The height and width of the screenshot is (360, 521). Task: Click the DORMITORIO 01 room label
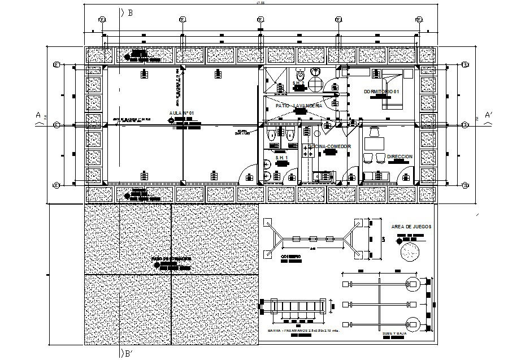point(382,92)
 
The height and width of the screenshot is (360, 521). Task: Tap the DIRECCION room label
point(400,156)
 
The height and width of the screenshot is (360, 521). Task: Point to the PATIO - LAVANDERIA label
point(299,106)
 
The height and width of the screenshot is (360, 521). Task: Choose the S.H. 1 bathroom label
point(281,157)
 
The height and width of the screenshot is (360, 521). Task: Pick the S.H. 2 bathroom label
point(298,84)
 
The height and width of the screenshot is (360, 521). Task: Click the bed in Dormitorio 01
point(395,88)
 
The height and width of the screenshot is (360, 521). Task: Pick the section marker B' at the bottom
point(129,354)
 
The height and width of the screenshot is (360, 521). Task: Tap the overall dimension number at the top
point(260,3)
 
